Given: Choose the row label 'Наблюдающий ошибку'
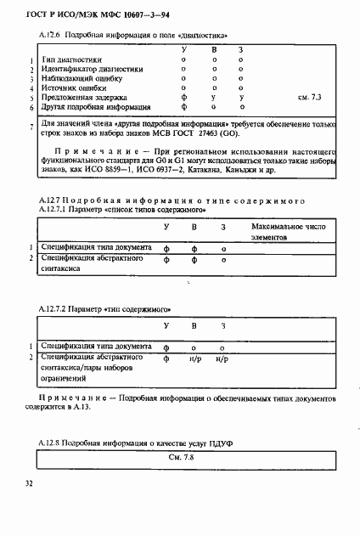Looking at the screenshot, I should click(x=79, y=80).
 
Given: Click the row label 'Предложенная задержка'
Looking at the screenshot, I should click(x=84, y=99).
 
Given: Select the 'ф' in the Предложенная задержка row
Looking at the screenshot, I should click(x=184, y=99).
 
